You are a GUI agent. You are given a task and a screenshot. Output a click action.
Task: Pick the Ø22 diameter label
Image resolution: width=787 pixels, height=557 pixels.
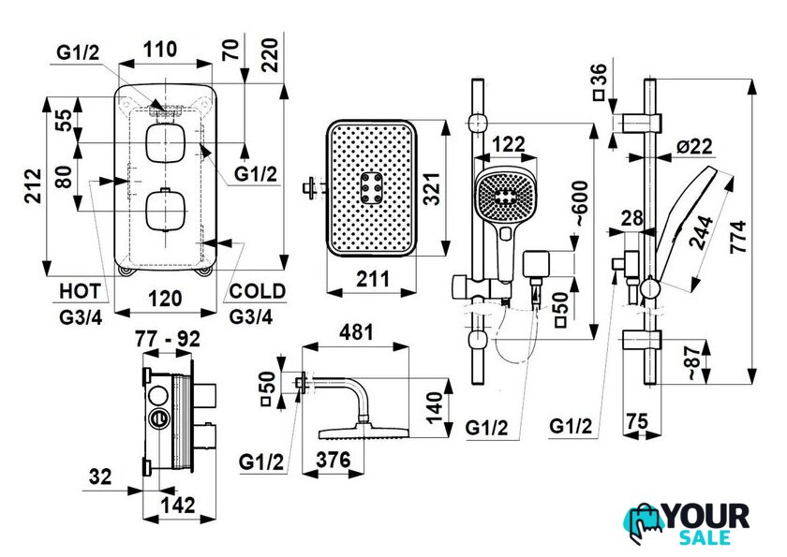694,146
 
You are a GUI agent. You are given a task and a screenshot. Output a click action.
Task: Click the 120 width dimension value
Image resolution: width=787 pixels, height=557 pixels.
165,300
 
